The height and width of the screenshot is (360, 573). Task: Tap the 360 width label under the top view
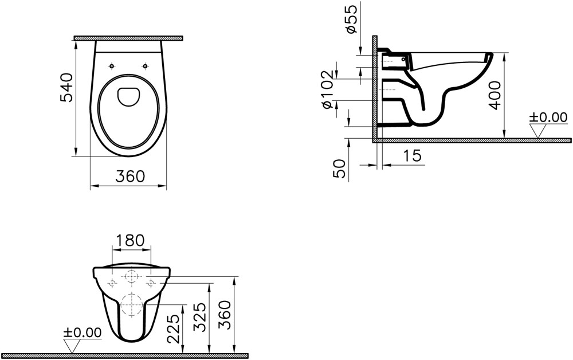click(130, 177)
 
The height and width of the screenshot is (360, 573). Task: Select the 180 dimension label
click(131, 241)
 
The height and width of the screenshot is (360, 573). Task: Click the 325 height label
click(200, 316)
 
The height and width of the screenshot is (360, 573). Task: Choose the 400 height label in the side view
click(495, 95)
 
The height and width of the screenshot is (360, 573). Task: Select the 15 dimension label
click(413, 156)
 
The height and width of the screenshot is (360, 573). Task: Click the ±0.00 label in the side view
click(548, 118)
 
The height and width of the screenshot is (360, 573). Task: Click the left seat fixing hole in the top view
click(112, 66)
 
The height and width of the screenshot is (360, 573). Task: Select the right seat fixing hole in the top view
click(146, 66)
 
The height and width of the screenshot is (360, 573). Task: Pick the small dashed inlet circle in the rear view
click(131, 277)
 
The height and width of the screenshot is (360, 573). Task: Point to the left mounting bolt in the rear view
click(112, 283)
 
